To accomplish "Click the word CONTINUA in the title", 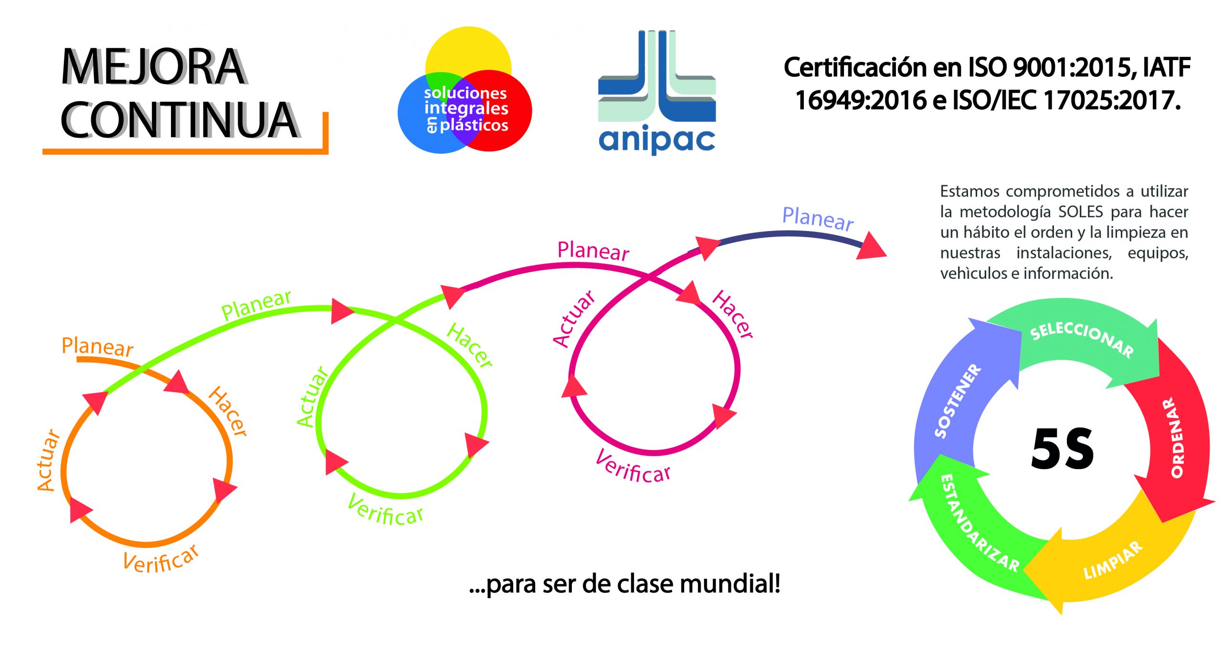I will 179,120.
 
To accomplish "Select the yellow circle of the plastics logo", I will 468,50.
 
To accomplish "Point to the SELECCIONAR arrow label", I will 1082,340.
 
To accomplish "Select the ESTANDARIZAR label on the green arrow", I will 979,523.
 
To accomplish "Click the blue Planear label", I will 818,219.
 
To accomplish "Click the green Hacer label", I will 469,345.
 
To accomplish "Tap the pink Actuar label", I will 574,318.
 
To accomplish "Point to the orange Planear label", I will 97,347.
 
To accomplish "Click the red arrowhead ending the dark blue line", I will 871,247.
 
